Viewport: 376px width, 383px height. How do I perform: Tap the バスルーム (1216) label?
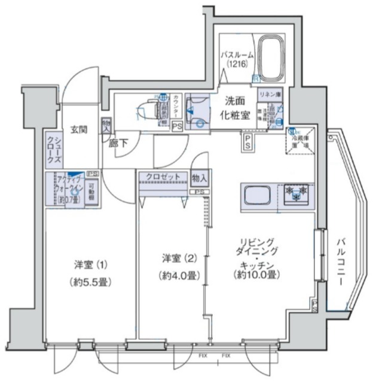point(237,60)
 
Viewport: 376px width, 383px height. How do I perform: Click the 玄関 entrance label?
point(75,129)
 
